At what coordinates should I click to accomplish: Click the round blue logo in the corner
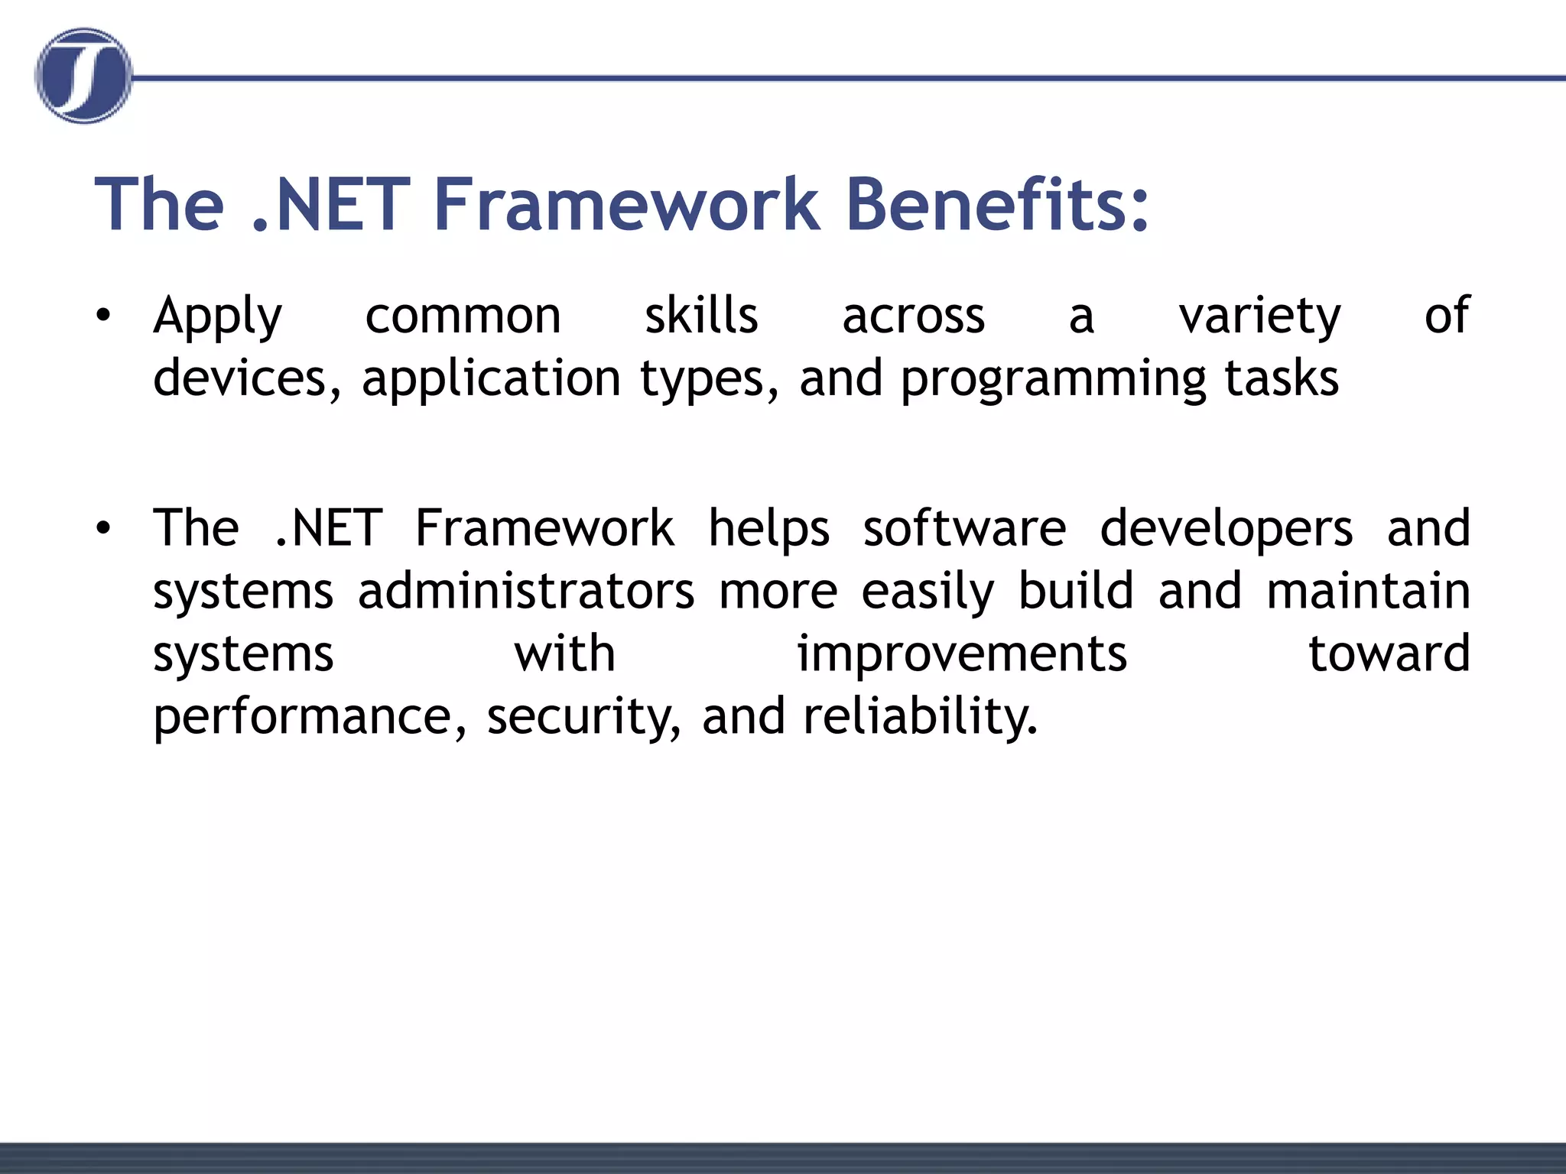(x=83, y=76)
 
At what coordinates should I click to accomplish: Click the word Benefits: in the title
(x=997, y=204)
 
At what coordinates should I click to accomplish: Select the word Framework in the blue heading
(x=626, y=204)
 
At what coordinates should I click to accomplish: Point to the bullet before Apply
(x=104, y=315)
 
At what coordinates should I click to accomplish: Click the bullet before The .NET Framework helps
(x=104, y=528)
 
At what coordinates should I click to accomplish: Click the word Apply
(x=218, y=316)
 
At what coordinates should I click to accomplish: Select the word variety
(x=1259, y=316)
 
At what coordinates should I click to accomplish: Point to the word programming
(x=1053, y=380)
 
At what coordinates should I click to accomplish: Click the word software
(x=964, y=528)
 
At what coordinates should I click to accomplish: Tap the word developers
(x=1226, y=530)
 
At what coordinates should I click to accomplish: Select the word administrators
(x=526, y=591)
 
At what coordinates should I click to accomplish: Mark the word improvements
(x=962, y=655)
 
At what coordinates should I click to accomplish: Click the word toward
(x=1389, y=653)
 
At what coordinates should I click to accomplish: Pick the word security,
(x=583, y=718)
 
